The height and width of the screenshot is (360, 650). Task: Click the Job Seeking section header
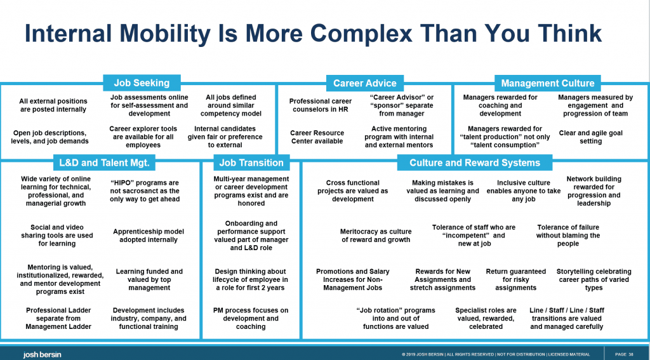142,83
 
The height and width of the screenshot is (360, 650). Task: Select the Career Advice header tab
365,83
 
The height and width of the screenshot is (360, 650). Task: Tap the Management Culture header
548,83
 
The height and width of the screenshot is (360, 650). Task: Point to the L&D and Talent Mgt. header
104,163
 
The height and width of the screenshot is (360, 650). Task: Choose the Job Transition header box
251,163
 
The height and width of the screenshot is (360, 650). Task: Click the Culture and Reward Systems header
475,163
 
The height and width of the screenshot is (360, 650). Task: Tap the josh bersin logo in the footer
42,355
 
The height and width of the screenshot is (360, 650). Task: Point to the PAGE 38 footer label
624,355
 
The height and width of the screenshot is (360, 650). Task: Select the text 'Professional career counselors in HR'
321,105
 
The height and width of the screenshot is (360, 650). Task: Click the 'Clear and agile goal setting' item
591,137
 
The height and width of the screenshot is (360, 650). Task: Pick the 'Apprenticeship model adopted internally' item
149,236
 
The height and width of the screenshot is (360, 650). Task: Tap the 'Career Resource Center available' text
317,137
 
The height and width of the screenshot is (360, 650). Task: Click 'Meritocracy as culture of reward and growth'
376,236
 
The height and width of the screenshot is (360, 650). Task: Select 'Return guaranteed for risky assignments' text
515,279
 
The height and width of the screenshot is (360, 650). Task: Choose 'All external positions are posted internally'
53,105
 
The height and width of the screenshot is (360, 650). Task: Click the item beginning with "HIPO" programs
145,190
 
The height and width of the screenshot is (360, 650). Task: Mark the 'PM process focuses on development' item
251,319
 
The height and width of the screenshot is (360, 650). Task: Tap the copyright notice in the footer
496,355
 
